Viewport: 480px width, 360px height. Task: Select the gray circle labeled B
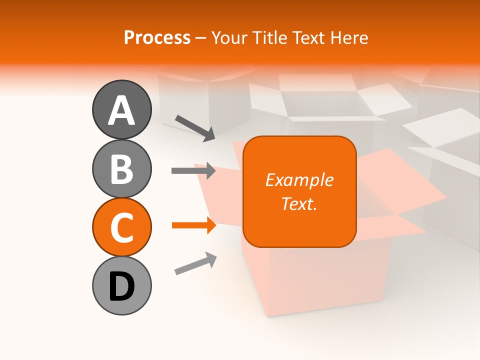point(121,168)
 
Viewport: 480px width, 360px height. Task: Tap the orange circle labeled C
point(121,227)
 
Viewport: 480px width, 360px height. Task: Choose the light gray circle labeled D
point(121,285)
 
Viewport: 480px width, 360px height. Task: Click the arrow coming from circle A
point(195,128)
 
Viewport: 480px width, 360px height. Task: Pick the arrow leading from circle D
point(195,263)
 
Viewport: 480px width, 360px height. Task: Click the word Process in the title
point(157,38)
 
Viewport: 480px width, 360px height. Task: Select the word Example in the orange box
point(299,180)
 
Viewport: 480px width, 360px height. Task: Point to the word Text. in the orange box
point(299,203)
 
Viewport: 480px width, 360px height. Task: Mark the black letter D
point(121,286)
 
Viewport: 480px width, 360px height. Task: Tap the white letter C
point(121,228)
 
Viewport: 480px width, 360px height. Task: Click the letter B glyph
point(121,169)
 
